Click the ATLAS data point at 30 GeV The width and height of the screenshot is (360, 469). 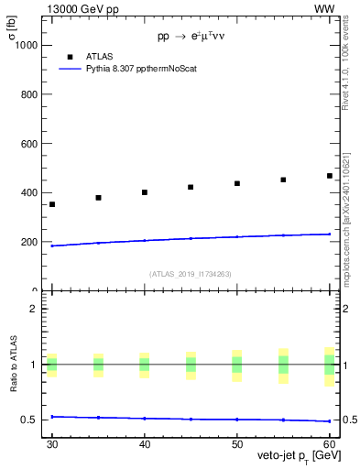coord(52,204)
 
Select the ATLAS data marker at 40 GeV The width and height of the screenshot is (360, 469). coord(145,192)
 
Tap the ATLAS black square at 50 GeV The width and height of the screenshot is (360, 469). coord(237,183)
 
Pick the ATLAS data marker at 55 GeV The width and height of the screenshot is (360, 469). coord(283,180)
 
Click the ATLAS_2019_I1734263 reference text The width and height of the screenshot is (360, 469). coord(190,273)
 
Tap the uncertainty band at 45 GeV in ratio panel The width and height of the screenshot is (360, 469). coord(191,365)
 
